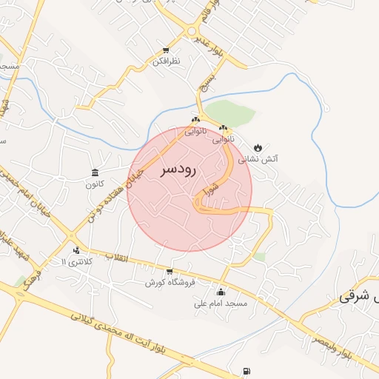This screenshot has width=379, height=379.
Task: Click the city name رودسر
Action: coord(178,170)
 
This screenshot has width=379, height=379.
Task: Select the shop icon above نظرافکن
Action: coord(167,51)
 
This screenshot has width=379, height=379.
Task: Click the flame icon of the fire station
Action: coord(258,147)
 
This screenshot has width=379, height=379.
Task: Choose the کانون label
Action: coord(94,184)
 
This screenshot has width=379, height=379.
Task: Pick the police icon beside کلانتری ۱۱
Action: coord(77,251)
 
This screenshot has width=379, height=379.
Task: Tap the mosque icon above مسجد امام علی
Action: coord(220,292)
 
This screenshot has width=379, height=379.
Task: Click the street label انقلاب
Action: coord(116,257)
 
